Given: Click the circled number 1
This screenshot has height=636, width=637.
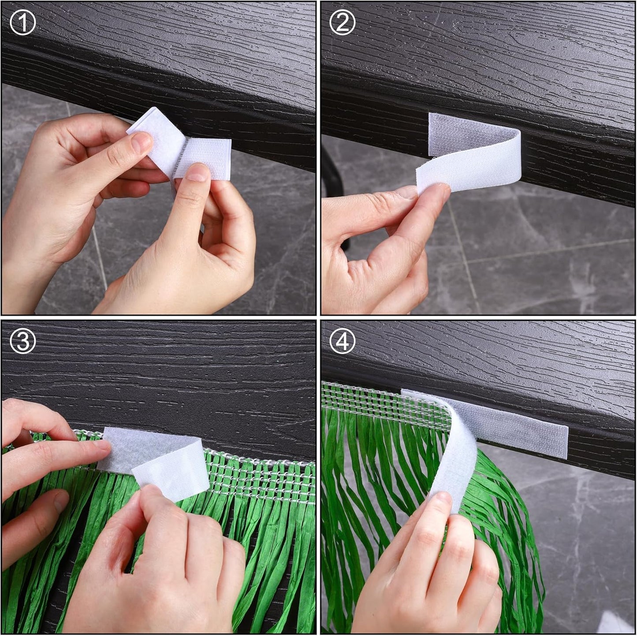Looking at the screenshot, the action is click(22, 22).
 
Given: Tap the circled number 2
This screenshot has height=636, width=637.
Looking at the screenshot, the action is click(343, 22).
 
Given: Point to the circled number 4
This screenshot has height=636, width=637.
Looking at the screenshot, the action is click(343, 342).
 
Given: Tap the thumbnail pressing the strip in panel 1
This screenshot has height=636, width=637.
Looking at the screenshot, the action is click(197, 174).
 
